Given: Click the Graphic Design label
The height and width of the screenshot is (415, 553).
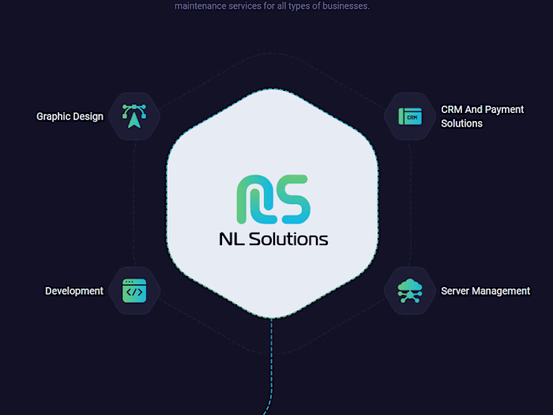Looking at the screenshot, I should (70, 116).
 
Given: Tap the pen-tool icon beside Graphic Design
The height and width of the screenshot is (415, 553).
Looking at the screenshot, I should (134, 116).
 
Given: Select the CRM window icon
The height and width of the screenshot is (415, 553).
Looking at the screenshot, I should (410, 117).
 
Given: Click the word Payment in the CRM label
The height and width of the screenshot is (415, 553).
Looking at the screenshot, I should (504, 110).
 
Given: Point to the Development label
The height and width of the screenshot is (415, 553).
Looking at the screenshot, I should (74, 291).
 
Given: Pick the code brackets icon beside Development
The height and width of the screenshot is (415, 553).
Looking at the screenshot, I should (134, 291).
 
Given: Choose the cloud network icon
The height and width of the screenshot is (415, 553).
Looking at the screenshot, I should (410, 291).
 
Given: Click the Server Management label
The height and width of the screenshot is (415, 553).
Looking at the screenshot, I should (485, 291).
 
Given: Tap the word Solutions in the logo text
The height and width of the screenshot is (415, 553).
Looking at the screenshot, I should (288, 239).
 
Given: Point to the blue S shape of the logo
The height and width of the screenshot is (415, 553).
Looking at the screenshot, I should (292, 198).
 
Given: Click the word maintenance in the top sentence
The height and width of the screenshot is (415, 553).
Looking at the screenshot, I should (201, 6).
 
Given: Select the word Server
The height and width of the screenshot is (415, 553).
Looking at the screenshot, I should (456, 291).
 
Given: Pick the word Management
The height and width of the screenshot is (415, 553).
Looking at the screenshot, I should (502, 291).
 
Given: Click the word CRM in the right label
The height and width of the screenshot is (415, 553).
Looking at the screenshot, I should (452, 110).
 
